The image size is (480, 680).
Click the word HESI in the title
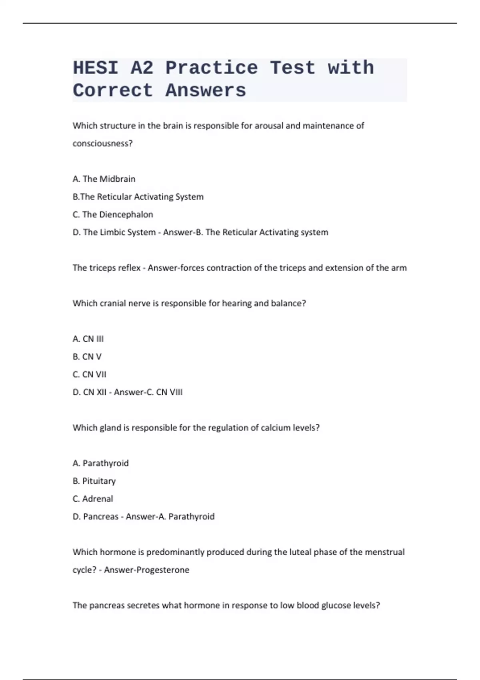tap(96, 68)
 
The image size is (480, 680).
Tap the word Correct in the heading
tap(113, 91)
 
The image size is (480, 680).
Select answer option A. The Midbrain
tap(104, 179)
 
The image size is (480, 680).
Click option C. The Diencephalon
tap(113, 214)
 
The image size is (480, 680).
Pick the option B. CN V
tap(87, 356)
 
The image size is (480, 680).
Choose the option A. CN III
tap(88, 339)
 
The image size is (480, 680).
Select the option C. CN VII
tap(90, 374)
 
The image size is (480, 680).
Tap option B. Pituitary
tap(94, 481)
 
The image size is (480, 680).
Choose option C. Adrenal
tap(93, 499)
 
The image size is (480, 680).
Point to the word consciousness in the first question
tap(102, 143)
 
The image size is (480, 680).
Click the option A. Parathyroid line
tap(101, 463)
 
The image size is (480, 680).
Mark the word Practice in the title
tap(212, 68)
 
